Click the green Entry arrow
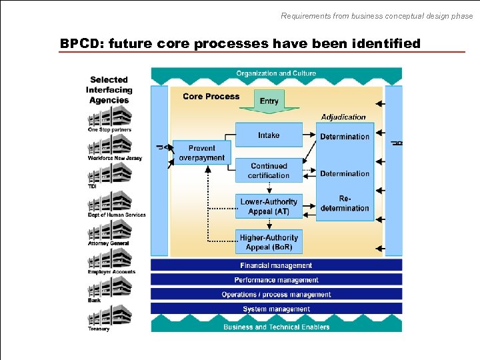269,100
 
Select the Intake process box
269,135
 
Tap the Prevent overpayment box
201,153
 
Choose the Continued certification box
269,171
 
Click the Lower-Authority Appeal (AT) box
269,206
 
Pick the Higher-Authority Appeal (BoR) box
269,242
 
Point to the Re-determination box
345,203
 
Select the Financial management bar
276,265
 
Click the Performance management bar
276,280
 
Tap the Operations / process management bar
276,295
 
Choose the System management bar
276,309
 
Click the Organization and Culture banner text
276,73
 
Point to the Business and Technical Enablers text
276,327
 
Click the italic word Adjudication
343,117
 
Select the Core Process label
211,97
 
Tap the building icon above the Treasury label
109,315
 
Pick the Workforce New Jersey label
115,158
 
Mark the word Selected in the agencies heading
109,80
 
